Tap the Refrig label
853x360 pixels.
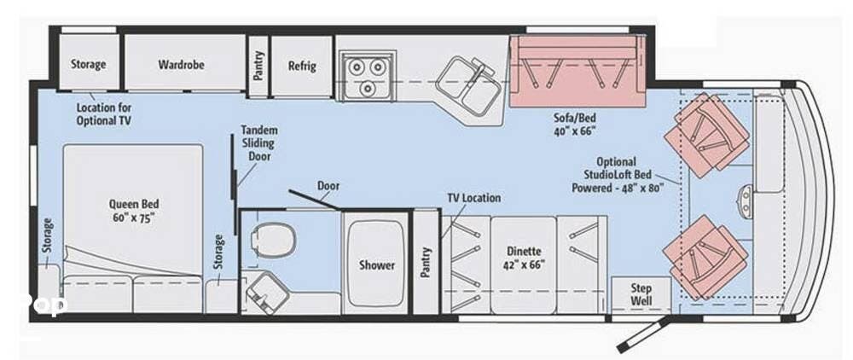click(302, 66)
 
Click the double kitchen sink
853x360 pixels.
click(467, 84)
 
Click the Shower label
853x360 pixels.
click(376, 264)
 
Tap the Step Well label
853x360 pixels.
click(641, 294)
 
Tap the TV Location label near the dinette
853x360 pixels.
click(473, 198)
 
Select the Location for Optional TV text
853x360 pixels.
click(108, 114)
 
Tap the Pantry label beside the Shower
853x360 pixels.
click(425, 262)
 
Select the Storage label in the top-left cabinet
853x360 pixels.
click(88, 64)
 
